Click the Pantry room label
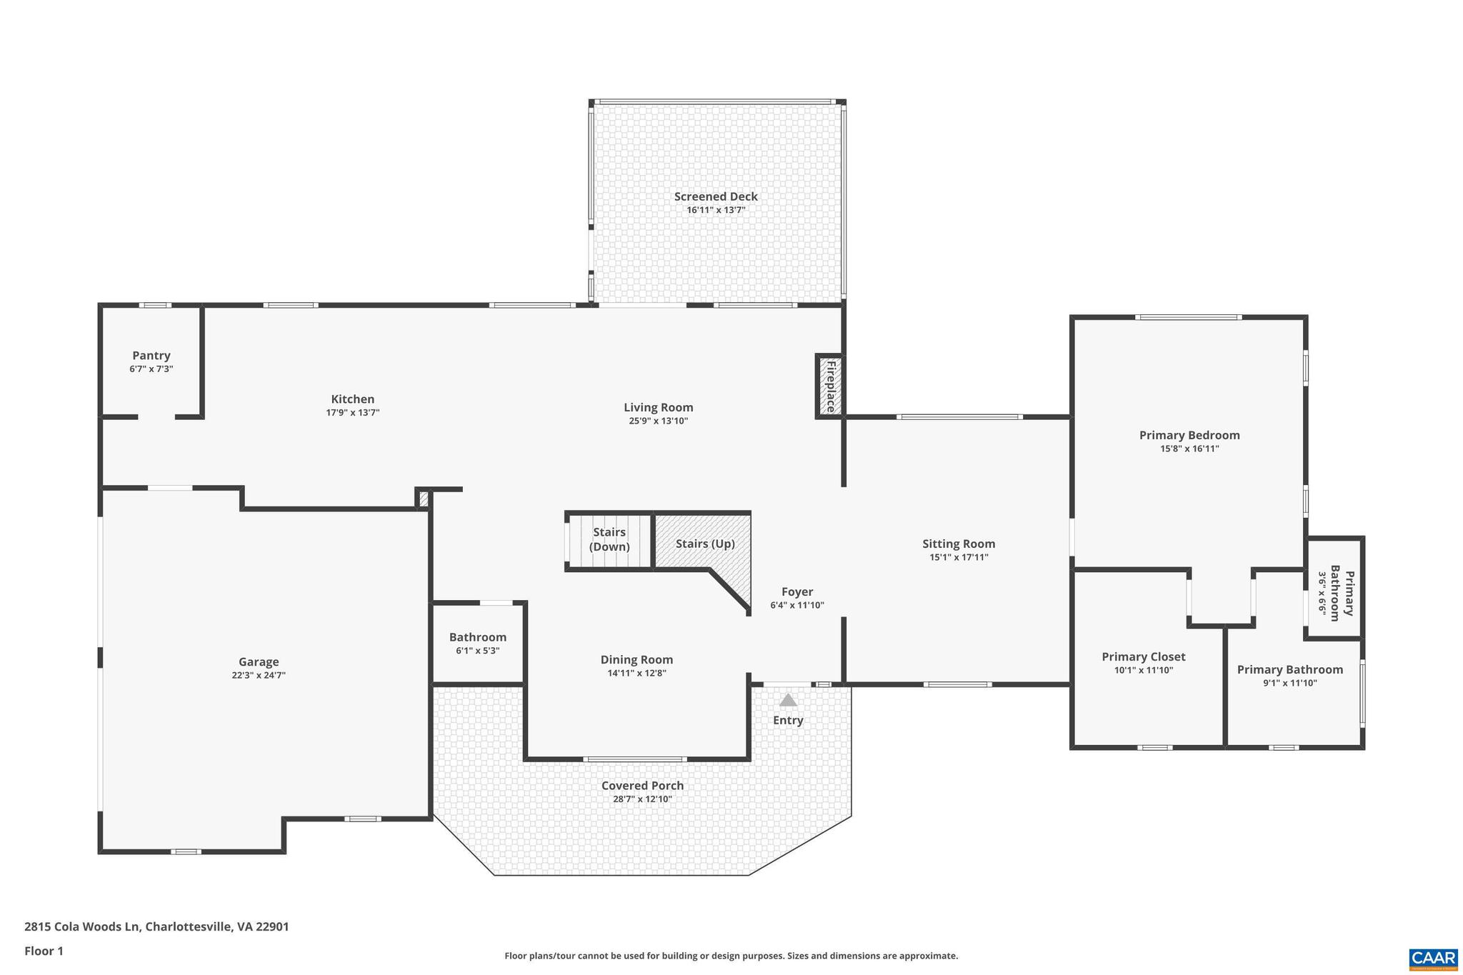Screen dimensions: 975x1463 [151, 355]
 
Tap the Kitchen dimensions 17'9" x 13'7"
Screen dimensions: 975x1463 [352, 412]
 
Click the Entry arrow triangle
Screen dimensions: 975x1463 [787, 700]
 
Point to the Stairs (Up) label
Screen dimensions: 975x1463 [704, 544]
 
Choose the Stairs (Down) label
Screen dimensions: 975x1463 [609, 539]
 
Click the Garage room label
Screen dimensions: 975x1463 [259, 661]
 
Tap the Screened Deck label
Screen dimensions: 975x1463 [716, 196]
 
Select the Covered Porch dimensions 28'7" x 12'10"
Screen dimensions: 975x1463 [642, 799]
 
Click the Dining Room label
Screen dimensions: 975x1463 [636, 659]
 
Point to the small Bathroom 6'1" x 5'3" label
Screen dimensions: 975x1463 [477, 637]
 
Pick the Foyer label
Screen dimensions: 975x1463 [797, 591]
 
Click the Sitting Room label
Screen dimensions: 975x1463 [958, 544]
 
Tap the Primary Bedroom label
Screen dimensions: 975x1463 [1189, 435]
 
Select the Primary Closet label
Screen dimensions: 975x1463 [1143, 656]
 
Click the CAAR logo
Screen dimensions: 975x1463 [1432, 958]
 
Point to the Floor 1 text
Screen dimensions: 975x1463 [44, 951]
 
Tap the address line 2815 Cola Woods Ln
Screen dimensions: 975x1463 [156, 926]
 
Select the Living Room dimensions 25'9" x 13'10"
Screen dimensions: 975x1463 [658, 421]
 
